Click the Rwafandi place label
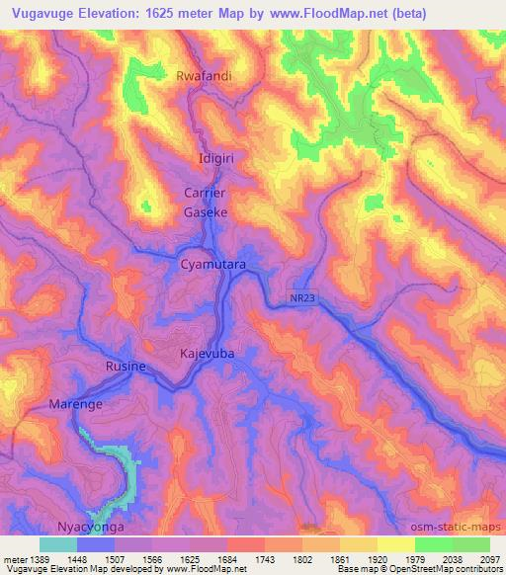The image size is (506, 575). coord(205,75)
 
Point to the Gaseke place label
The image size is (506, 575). coord(207,211)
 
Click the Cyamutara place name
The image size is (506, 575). coord(212,266)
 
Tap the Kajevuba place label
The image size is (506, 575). coord(210,353)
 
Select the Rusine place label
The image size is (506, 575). coord(126,367)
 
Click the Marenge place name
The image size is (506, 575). coord(75,404)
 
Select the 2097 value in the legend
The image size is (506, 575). coord(490,559)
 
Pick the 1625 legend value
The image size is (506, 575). coord(190,559)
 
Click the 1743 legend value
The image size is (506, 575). coord(265,559)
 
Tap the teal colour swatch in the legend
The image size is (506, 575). coord(58,544)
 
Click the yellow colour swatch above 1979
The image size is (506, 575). coord(396,544)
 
